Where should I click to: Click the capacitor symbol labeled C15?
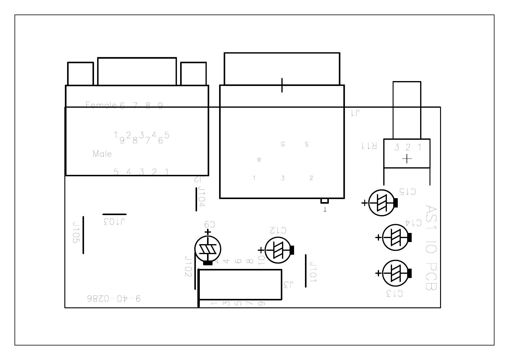(381, 203)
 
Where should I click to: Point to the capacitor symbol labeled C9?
(208, 249)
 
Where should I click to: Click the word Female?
(101, 105)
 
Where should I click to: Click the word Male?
(102, 154)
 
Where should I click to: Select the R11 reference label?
(369, 146)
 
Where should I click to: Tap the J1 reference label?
(355, 113)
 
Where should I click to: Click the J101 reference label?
(313, 272)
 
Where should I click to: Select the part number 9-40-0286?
(114, 299)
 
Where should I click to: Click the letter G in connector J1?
(283, 144)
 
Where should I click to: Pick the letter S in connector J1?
(306, 144)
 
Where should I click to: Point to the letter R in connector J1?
(259, 160)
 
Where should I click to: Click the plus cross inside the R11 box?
(407, 159)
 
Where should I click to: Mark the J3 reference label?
(289, 284)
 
